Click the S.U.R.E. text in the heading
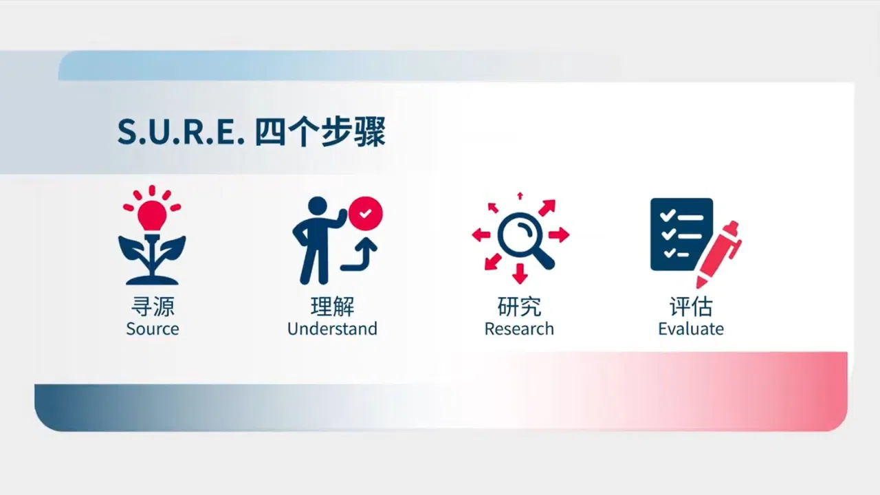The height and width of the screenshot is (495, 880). coord(181,132)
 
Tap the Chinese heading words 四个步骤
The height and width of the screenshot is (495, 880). coord(320,132)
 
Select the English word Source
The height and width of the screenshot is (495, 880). coord(153,329)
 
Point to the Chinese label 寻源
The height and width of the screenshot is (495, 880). coord(153,307)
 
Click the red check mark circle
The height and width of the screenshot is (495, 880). coord(365,213)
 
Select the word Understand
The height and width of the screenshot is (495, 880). coord(332,329)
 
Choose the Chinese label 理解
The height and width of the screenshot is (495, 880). coord(332,307)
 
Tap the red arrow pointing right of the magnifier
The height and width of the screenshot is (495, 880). coord(559,235)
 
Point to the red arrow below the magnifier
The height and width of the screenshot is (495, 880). coord(520,274)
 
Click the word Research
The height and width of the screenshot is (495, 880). coord(519,329)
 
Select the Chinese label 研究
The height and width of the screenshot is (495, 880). coord(519,307)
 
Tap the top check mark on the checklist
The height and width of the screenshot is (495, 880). coord(667,214)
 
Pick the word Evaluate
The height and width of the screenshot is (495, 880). coord(691,329)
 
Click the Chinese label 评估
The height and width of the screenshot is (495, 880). coord(691,307)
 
